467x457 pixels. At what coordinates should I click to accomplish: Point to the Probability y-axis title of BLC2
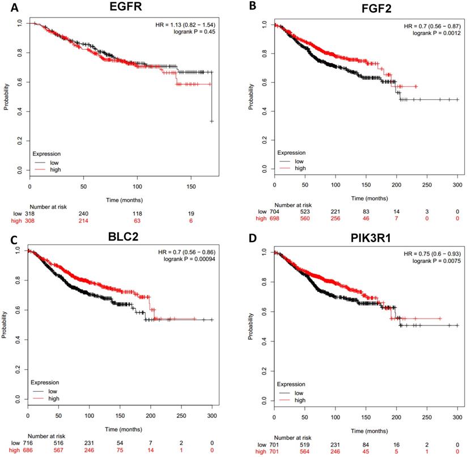click(5, 325)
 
